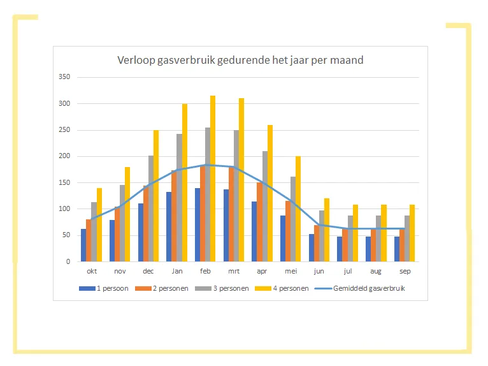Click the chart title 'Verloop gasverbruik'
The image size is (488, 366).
(240, 61)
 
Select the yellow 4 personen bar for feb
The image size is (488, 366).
(213, 179)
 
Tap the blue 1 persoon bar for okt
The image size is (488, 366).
(83, 245)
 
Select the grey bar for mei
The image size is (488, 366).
(294, 219)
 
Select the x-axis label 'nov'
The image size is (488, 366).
(120, 271)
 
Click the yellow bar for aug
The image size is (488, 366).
(384, 233)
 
